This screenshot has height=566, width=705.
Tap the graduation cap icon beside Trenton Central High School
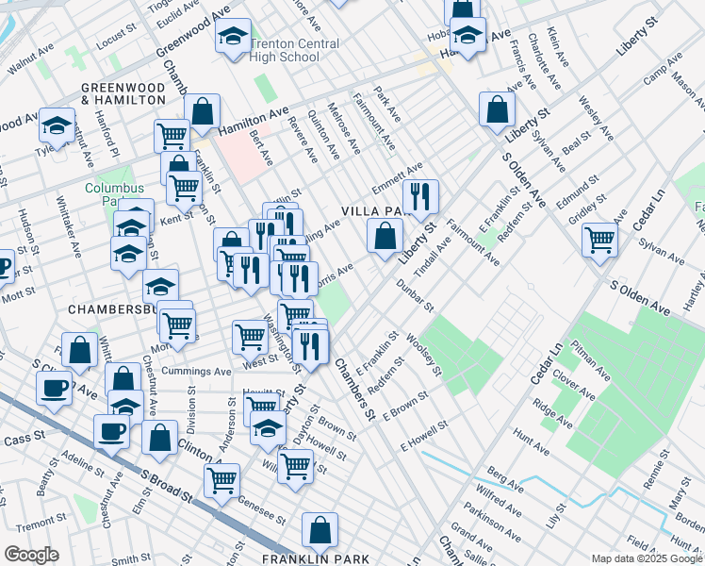(x=232, y=38)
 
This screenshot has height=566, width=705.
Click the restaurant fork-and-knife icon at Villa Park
(x=420, y=196)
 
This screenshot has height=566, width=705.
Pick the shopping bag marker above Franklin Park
(x=320, y=531)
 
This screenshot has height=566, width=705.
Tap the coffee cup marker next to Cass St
(x=111, y=432)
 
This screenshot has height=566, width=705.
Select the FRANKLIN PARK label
(x=303, y=559)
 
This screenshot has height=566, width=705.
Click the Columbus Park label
(x=114, y=194)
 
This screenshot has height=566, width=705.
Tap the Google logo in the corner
(x=31, y=555)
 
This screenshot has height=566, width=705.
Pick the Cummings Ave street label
(x=196, y=372)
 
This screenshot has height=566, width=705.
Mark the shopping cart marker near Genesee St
(x=222, y=478)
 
